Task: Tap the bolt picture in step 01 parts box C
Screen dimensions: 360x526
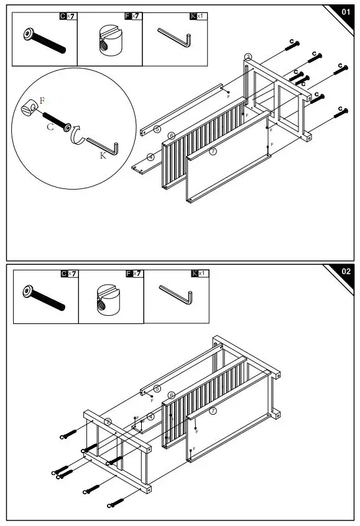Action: coord(44,40)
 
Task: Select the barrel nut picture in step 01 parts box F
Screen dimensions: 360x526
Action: coord(111,41)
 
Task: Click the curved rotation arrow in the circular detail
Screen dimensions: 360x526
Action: coord(77,135)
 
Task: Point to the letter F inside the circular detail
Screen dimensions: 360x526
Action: coord(42,100)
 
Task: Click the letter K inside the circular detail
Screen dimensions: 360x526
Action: coord(103,155)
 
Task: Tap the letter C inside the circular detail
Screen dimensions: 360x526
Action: coord(50,126)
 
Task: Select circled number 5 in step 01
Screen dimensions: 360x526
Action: coord(157,129)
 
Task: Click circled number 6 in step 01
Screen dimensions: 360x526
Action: coord(172,136)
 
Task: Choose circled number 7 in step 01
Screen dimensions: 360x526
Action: coord(213,151)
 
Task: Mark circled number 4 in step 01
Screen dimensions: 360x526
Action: coord(151,157)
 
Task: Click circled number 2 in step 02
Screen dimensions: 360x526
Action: coord(108,422)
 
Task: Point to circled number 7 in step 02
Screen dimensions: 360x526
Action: coord(213,411)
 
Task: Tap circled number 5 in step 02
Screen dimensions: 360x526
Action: coord(157,389)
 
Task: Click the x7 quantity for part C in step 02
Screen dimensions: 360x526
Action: coord(72,274)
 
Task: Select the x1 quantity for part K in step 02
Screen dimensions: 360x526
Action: coord(201,274)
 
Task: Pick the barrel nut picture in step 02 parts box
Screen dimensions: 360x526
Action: coord(108,300)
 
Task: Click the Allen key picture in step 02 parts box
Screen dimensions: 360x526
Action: coord(176,295)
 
